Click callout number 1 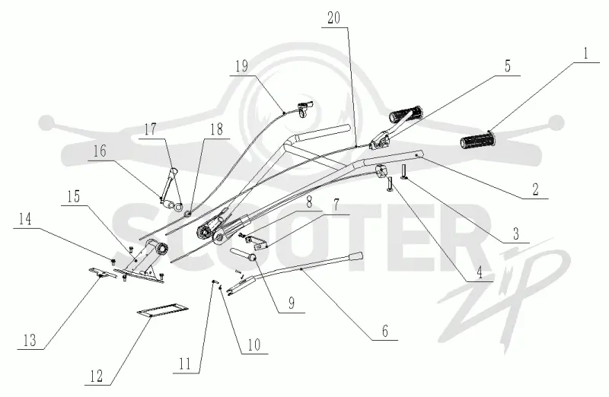[586, 53]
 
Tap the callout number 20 [333, 17]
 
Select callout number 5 [508, 66]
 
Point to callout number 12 [97, 376]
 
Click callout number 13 [30, 341]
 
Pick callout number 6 [385, 331]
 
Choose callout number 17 [150, 129]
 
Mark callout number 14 [25, 219]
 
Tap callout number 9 [292, 303]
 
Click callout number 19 [241, 66]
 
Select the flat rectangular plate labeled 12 [163, 310]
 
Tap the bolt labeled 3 [404, 172]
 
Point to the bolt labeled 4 [390, 185]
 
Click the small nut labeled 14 [113, 260]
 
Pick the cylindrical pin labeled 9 [244, 254]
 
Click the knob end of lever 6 [356, 256]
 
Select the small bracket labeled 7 [257, 243]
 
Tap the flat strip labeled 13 [102, 273]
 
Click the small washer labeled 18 [188, 213]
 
